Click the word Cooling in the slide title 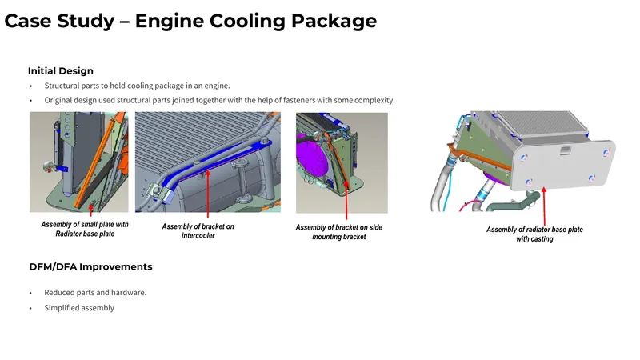247,22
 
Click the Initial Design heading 61,71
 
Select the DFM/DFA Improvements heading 90,266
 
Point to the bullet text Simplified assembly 79,308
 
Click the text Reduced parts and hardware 95,292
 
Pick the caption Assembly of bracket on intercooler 198,230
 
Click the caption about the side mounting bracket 338,232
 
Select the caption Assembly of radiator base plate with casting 534,234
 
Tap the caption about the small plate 85,229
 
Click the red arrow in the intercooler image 208,194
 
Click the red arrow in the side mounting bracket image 346,200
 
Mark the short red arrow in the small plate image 90,210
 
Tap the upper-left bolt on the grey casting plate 524,158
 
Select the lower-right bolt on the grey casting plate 591,178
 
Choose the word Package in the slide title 334,22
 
